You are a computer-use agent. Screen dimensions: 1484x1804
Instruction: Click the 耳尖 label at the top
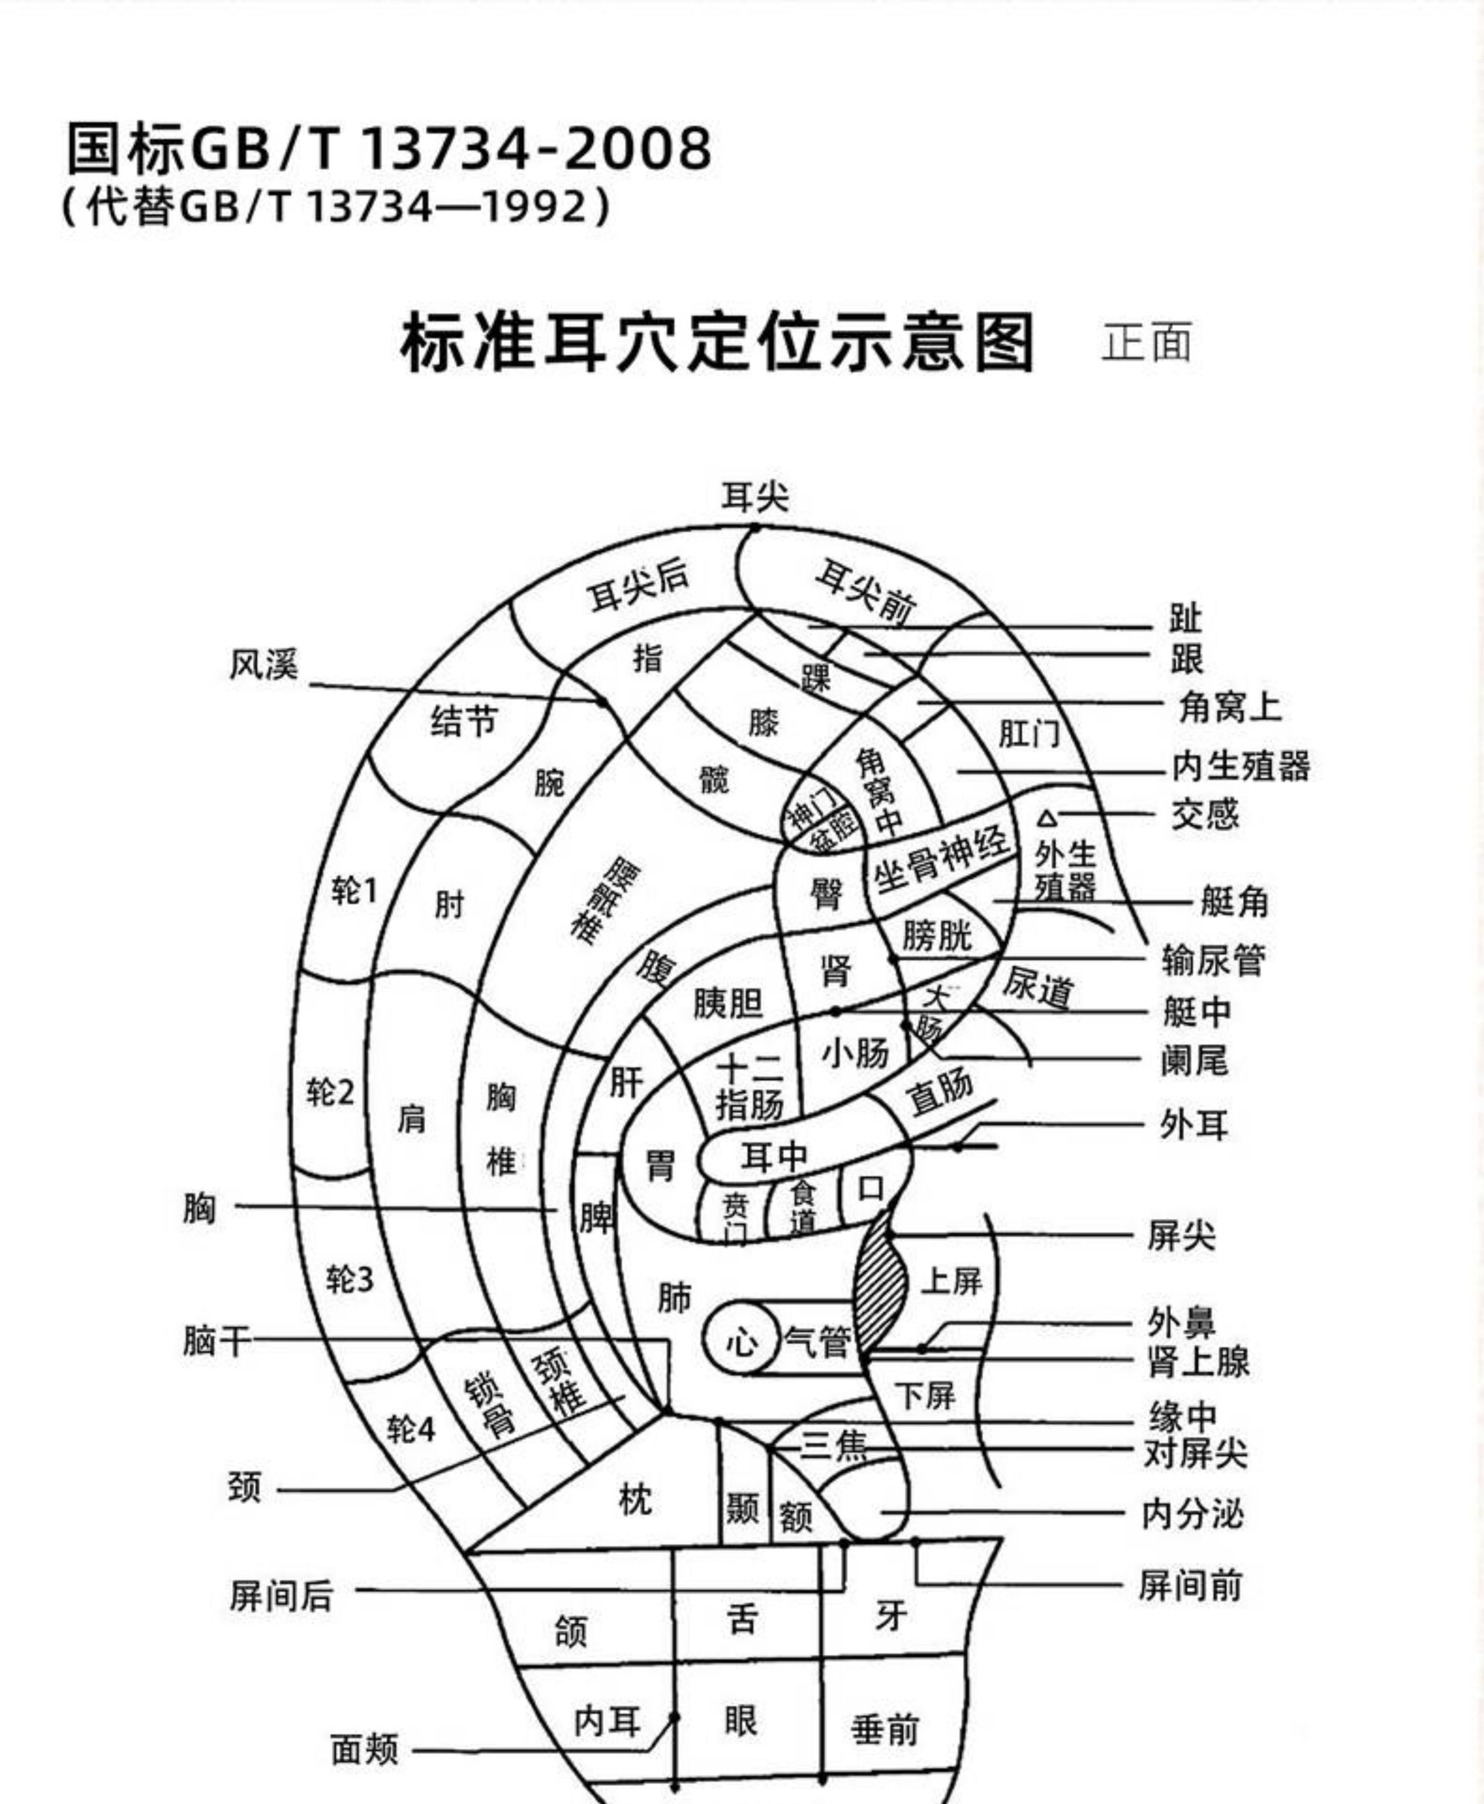755,497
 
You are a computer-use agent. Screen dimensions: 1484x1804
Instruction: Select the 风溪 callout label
263,664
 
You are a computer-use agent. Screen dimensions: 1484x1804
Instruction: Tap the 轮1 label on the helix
354,892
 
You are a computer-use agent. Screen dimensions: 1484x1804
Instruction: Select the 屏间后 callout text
281,1596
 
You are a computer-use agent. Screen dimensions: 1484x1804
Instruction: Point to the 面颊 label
365,1750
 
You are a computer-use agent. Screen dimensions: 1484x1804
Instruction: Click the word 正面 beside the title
1146,342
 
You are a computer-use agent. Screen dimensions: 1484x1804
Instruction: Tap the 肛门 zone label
1029,733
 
